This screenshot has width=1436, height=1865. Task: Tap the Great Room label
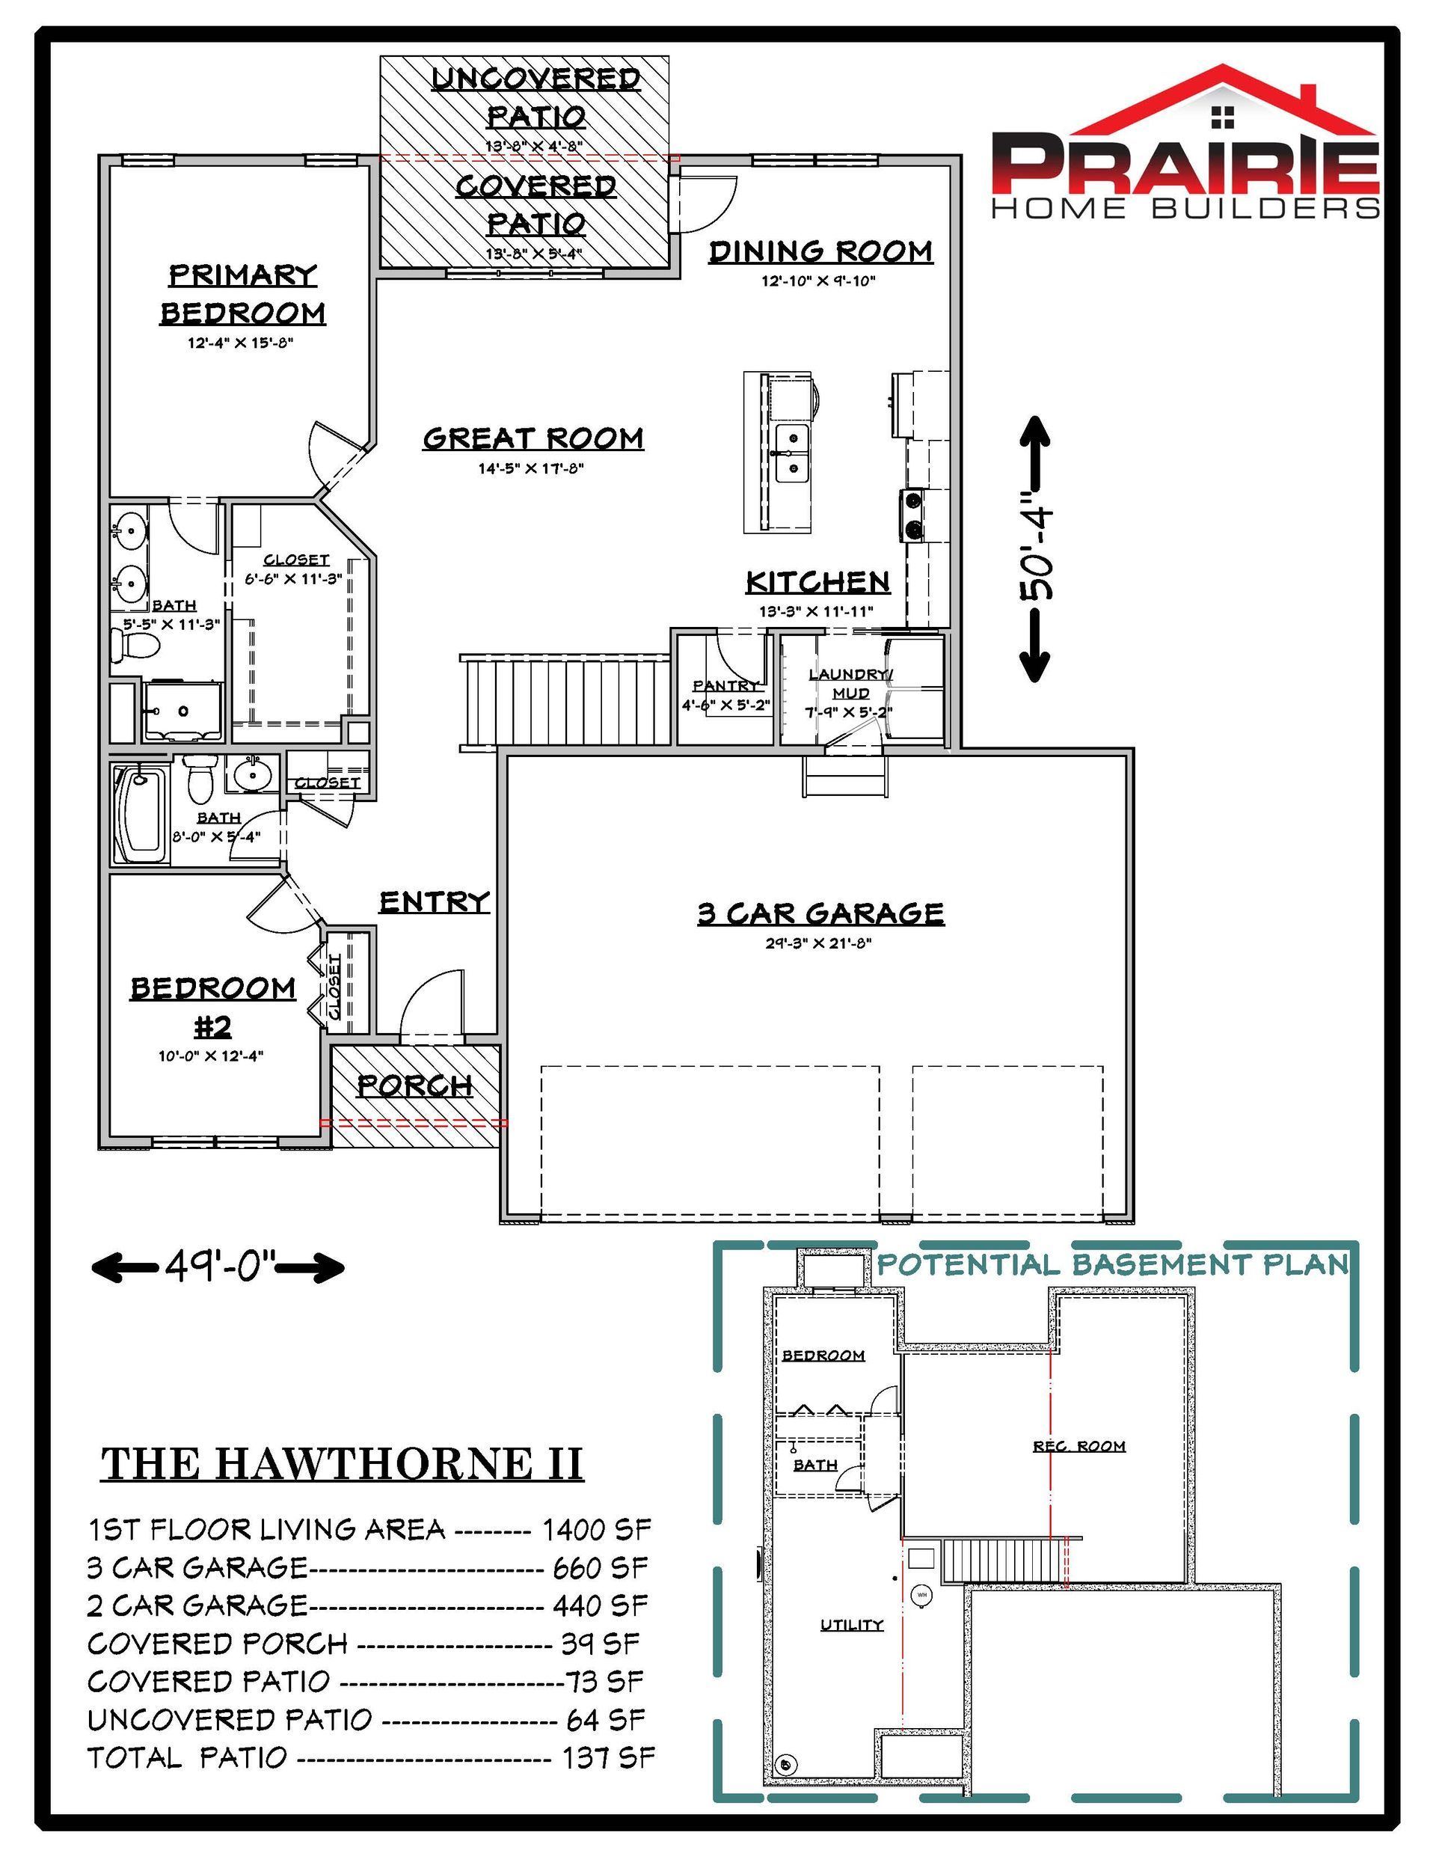[533, 438]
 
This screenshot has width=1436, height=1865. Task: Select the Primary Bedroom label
[243, 294]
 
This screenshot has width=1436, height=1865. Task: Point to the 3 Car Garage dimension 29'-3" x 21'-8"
[819, 943]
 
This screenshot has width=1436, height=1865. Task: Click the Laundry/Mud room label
[850, 684]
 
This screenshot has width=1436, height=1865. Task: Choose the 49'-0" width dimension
[218, 1267]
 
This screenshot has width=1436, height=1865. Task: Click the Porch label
[415, 1085]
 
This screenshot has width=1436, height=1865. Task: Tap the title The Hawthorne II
[343, 1463]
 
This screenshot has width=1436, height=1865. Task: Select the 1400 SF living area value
[597, 1528]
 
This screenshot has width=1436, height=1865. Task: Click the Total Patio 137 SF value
[608, 1757]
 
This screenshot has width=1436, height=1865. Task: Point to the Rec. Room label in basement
[1079, 1446]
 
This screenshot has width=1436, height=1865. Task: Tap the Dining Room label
[820, 252]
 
